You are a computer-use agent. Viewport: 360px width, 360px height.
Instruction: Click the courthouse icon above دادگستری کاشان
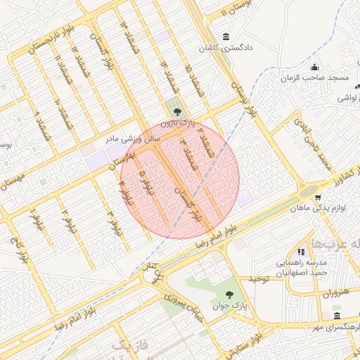tap(225, 37)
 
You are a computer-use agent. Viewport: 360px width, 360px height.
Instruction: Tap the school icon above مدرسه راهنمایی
tap(301, 251)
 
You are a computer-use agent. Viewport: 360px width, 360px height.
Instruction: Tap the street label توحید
tap(259, 279)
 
